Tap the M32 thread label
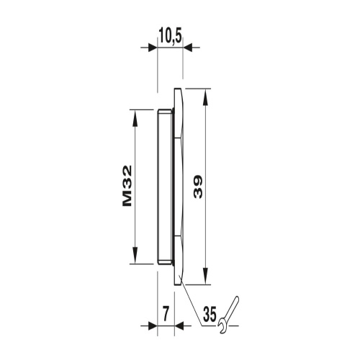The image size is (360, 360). click(127, 186)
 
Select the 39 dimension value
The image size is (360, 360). click(198, 186)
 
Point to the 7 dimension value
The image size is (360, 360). click(166, 313)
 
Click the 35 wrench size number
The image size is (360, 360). click(210, 314)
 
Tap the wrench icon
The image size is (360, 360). click(228, 315)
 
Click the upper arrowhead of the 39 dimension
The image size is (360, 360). click(204, 97)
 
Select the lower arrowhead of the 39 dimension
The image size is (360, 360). click(204, 276)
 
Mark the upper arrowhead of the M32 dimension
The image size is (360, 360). click(135, 118)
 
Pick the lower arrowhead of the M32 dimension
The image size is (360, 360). click(135, 256)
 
